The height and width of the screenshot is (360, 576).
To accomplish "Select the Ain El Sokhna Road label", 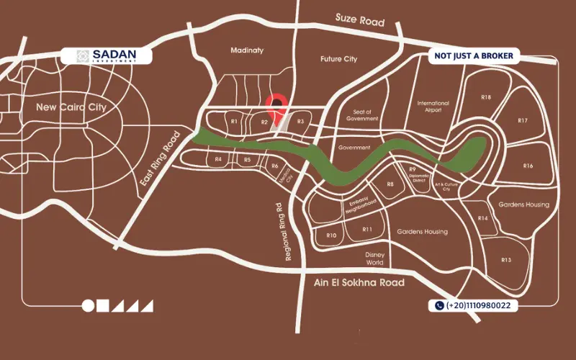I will (x=359, y=283).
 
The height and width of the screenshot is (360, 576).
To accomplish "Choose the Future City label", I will (x=338, y=58).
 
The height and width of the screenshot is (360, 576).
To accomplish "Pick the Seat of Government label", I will (x=361, y=115).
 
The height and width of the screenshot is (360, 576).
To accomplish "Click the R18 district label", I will (x=486, y=97).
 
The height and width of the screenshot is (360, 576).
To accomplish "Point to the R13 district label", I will (x=505, y=260).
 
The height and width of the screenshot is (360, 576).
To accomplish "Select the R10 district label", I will (x=332, y=235).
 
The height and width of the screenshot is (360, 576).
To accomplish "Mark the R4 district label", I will (x=218, y=159).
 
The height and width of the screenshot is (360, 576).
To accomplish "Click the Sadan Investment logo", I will (x=107, y=55).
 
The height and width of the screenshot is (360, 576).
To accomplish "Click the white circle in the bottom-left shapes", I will (x=88, y=305).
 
